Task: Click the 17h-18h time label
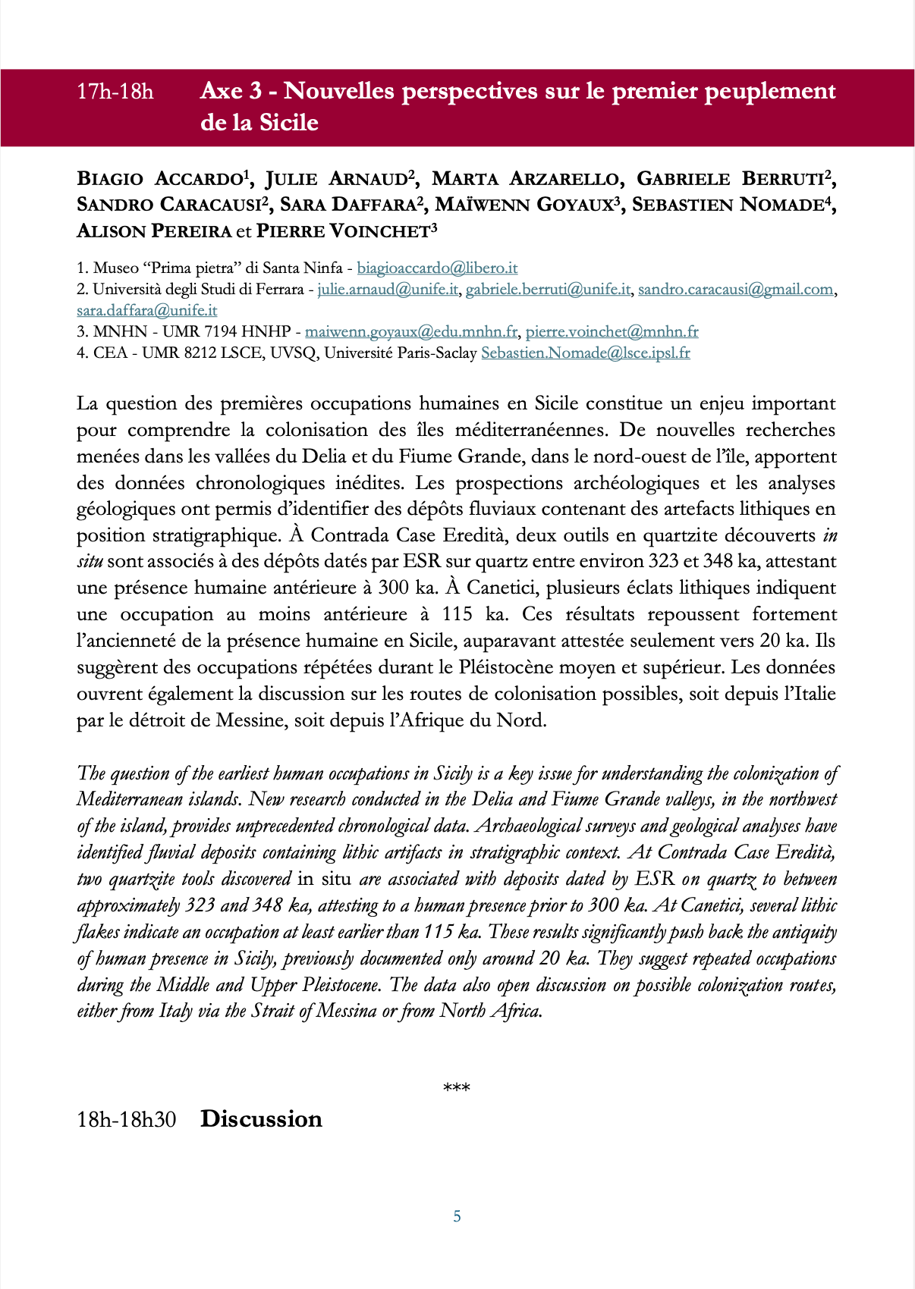(115, 92)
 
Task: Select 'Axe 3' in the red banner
(231, 91)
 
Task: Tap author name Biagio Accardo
(159, 179)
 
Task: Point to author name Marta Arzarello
(525, 179)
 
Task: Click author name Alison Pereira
(153, 231)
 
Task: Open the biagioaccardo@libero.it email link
(437, 268)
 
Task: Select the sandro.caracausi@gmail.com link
(735, 289)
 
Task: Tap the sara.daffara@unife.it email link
(146, 310)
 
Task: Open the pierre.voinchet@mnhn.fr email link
(612, 331)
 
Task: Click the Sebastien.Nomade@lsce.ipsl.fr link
(585, 353)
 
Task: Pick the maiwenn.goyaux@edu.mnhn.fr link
(410, 331)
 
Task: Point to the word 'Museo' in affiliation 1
(115, 268)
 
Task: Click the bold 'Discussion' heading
(261, 1119)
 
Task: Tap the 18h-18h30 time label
(126, 1120)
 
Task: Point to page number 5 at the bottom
(457, 1216)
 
